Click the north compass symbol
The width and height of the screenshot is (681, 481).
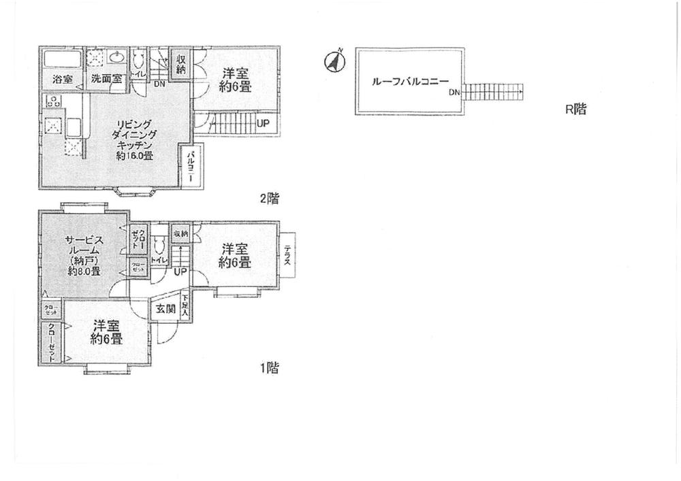(x=334, y=61)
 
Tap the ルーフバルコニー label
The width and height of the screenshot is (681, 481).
(x=409, y=81)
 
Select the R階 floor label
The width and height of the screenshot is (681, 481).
(x=575, y=109)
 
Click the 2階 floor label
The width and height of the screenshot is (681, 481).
(x=268, y=199)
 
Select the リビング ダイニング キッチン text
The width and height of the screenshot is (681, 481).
(x=133, y=139)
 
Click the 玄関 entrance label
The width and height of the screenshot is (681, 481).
(x=165, y=310)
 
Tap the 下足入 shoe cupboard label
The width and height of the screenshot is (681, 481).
(x=185, y=305)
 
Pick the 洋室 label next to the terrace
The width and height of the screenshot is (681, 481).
(x=235, y=256)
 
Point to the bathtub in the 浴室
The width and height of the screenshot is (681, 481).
(x=62, y=59)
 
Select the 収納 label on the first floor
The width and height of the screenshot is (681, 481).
(x=180, y=233)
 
